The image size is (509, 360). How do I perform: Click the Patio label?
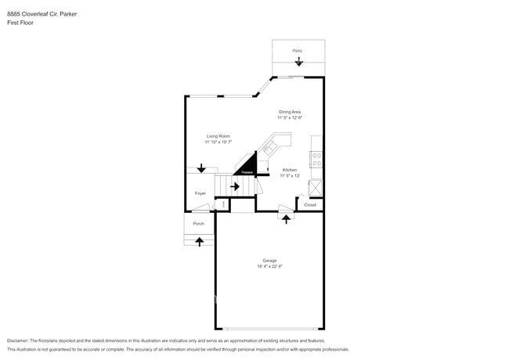pos(298,51)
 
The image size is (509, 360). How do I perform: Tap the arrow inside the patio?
pos(298,61)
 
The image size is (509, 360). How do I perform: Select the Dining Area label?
pos(290,112)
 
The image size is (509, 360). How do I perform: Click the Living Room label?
pos(218,136)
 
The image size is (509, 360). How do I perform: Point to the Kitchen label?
pos(289,170)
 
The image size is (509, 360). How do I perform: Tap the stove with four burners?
pos(316,160)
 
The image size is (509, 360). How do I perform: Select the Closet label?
pos(310,205)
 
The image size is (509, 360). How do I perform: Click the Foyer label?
pos(200,193)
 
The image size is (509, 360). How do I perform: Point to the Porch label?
pos(199,224)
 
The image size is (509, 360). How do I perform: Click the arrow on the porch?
pos(199,241)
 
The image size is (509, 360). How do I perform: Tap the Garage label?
pos(269,261)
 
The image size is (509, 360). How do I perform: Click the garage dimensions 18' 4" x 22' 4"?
pos(269,267)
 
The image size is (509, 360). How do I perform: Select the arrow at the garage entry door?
pos(286,218)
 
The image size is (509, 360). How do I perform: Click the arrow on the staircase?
pos(235,186)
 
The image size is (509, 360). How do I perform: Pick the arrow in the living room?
pos(201,168)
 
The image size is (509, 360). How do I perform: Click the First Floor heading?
pos(20,23)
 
